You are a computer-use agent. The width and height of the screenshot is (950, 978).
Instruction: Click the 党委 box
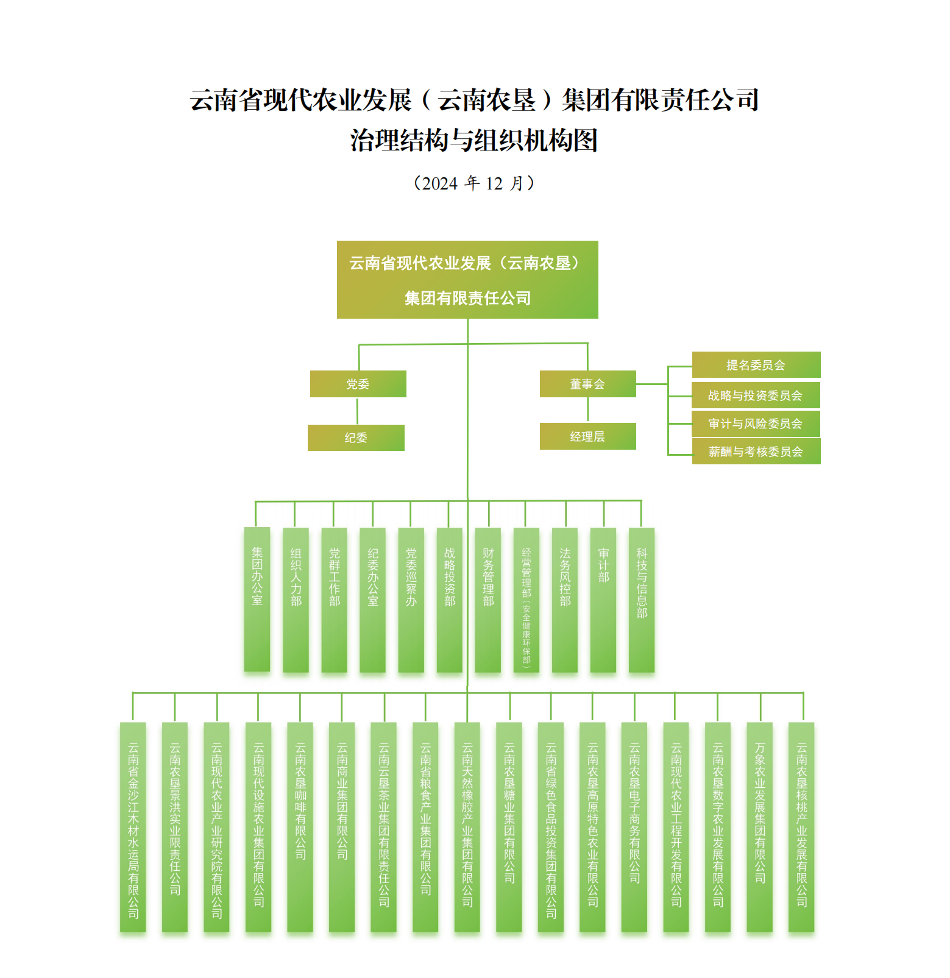click(x=358, y=384)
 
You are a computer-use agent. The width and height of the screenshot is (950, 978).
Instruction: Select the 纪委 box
click(x=356, y=438)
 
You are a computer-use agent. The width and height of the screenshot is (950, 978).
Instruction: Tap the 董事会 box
click(x=587, y=384)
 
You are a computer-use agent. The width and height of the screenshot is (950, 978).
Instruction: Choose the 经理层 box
click(x=587, y=436)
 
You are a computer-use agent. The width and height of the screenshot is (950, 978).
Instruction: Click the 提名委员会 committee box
click(x=756, y=365)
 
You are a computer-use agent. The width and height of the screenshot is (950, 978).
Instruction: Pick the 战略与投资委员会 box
click(x=756, y=395)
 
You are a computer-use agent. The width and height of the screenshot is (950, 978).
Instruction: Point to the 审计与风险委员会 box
click(x=756, y=423)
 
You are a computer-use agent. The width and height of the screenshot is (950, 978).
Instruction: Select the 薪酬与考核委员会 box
click(x=756, y=452)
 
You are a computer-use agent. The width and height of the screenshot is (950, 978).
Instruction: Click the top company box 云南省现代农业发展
click(x=467, y=280)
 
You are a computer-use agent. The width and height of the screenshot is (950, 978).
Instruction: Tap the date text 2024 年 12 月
click(x=474, y=183)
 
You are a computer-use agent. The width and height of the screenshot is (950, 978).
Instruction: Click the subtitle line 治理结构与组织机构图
click(x=474, y=140)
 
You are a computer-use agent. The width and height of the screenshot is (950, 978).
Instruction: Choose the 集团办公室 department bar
click(x=257, y=600)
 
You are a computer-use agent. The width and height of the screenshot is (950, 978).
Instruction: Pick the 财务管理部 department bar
click(x=488, y=600)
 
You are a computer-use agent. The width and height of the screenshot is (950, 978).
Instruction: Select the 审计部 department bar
click(x=603, y=600)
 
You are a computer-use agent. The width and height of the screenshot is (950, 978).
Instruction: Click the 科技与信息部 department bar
click(x=642, y=600)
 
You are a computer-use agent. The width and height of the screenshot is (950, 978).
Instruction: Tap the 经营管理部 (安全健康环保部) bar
click(x=526, y=600)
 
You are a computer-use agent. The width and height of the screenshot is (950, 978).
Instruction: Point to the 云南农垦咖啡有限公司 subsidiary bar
click(x=300, y=827)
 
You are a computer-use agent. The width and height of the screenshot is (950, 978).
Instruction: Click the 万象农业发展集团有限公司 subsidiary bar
click(x=760, y=827)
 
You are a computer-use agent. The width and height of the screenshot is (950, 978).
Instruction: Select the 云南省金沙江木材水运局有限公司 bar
click(x=133, y=827)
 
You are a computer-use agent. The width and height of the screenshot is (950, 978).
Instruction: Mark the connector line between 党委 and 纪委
click(x=357, y=411)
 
